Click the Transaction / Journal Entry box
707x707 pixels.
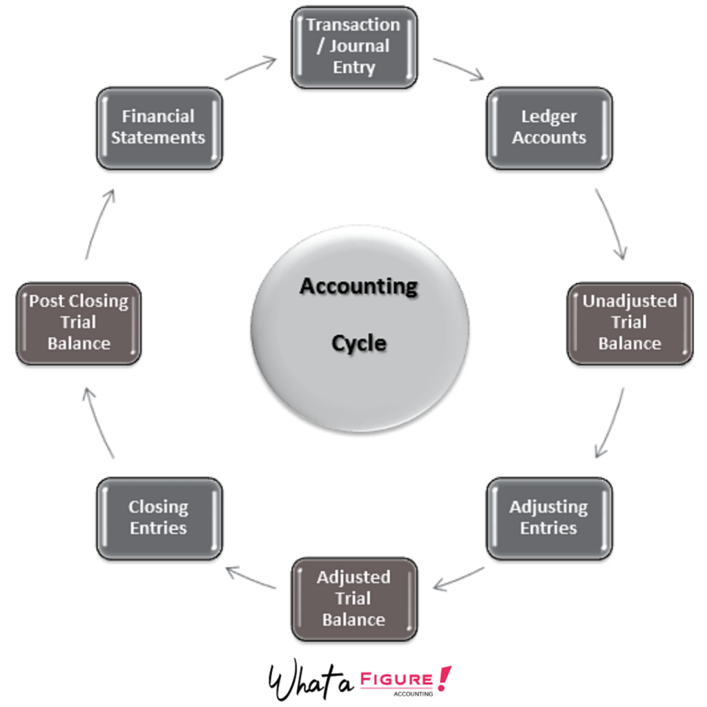tap(353, 47)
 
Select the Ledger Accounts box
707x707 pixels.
tap(549, 128)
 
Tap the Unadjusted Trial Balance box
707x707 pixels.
tap(629, 323)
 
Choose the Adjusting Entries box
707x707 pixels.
tap(549, 518)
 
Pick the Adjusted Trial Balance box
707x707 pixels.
tap(353, 599)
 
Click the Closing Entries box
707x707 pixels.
tap(159, 518)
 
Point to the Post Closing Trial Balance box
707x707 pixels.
tap(78, 323)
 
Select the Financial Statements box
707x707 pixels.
tap(159, 128)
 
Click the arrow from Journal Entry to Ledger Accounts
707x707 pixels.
tap(458, 68)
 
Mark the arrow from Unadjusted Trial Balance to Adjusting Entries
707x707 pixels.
tap(610, 423)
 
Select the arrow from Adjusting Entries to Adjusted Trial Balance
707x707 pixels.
tap(458, 579)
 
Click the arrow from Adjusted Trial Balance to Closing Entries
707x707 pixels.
tap(251, 579)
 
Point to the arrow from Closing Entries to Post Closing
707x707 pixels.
tap(99, 423)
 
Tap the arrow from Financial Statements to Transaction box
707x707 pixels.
tap(250, 68)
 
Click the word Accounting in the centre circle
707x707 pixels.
tap(359, 286)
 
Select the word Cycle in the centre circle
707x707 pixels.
tap(359, 343)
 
